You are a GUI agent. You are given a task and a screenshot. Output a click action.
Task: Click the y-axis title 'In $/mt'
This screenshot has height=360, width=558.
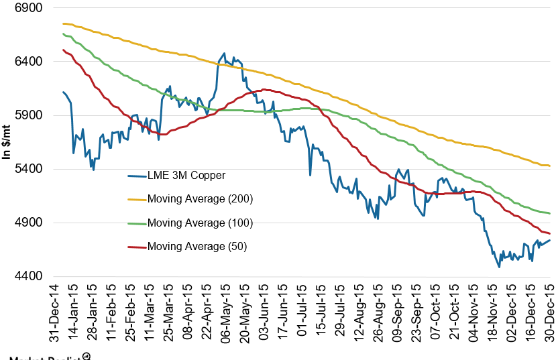(x=7, y=141)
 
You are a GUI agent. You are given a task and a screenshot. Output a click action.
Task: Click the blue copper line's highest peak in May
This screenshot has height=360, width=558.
(x=224, y=54)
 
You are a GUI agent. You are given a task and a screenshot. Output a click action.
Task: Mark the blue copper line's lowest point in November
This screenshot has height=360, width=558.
(x=499, y=267)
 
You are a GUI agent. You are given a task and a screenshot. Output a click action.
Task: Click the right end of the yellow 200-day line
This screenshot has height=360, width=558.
(x=550, y=166)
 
